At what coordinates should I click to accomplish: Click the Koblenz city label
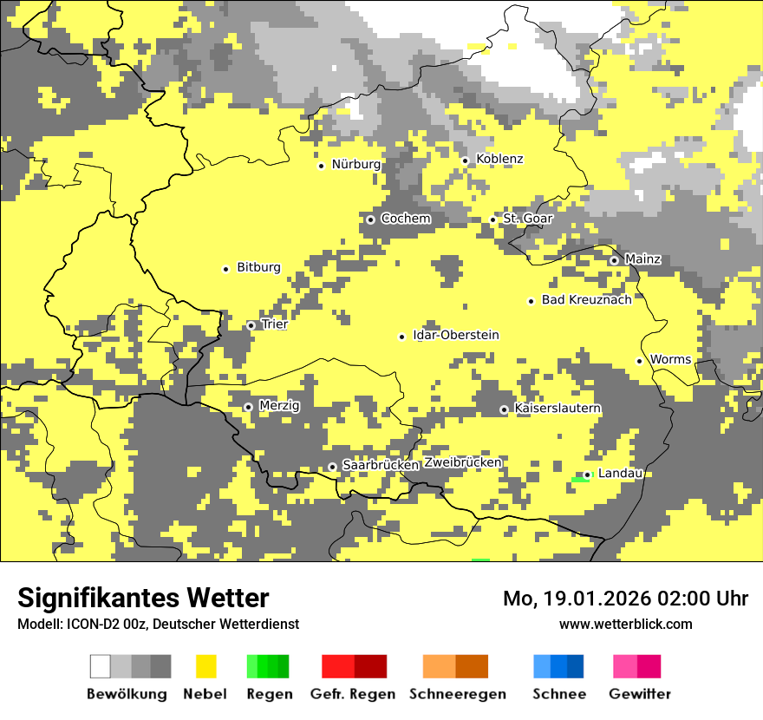(x=499, y=160)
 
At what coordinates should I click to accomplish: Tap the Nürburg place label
(x=355, y=165)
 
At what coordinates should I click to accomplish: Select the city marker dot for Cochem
(x=370, y=219)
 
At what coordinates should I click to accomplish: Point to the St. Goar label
(x=527, y=219)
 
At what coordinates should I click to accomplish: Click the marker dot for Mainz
(x=614, y=260)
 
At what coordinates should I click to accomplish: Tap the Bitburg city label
(x=258, y=268)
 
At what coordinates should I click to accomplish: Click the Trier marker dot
(x=251, y=326)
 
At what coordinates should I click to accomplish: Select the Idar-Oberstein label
(x=456, y=336)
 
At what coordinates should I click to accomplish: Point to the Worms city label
(x=670, y=360)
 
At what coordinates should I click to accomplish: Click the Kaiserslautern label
(x=558, y=409)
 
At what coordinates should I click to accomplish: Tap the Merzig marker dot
(x=248, y=407)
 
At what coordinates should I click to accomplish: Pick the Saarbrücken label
(x=381, y=466)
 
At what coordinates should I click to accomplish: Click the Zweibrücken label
(x=463, y=462)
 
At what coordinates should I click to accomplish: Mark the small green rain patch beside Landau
(x=579, y=480)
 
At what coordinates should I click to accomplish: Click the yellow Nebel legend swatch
(x=205, y=666)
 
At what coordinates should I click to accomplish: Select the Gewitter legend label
(x=639, y=694)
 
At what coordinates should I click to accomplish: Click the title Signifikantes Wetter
(x=143, y=599)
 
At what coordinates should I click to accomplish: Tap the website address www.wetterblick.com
(x=625, y=625)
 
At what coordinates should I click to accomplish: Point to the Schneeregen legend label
(x=457, y=694)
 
